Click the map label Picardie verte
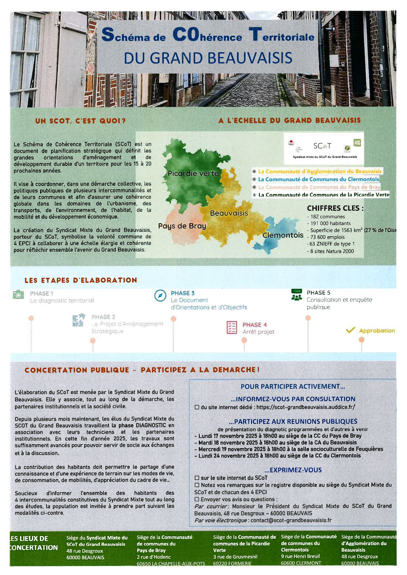(193, 173)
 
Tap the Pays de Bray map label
(182, 226)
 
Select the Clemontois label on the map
(283, 235)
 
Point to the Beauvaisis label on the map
(229, 213)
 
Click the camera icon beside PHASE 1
(18, 294)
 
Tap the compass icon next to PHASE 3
(160, 295)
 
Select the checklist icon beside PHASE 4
(231, 327)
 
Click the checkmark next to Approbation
(351, 330)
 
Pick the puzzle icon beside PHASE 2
(79, 320)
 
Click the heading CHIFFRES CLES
(335, 208)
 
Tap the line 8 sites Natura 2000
(332, 251)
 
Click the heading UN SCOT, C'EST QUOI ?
(80, 121)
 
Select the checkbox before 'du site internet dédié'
(197, 407)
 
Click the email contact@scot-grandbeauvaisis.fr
(291, 520)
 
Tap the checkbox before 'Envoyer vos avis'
(197, 499)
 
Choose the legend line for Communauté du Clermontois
(318, 179)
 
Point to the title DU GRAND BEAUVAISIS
(208, 58)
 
